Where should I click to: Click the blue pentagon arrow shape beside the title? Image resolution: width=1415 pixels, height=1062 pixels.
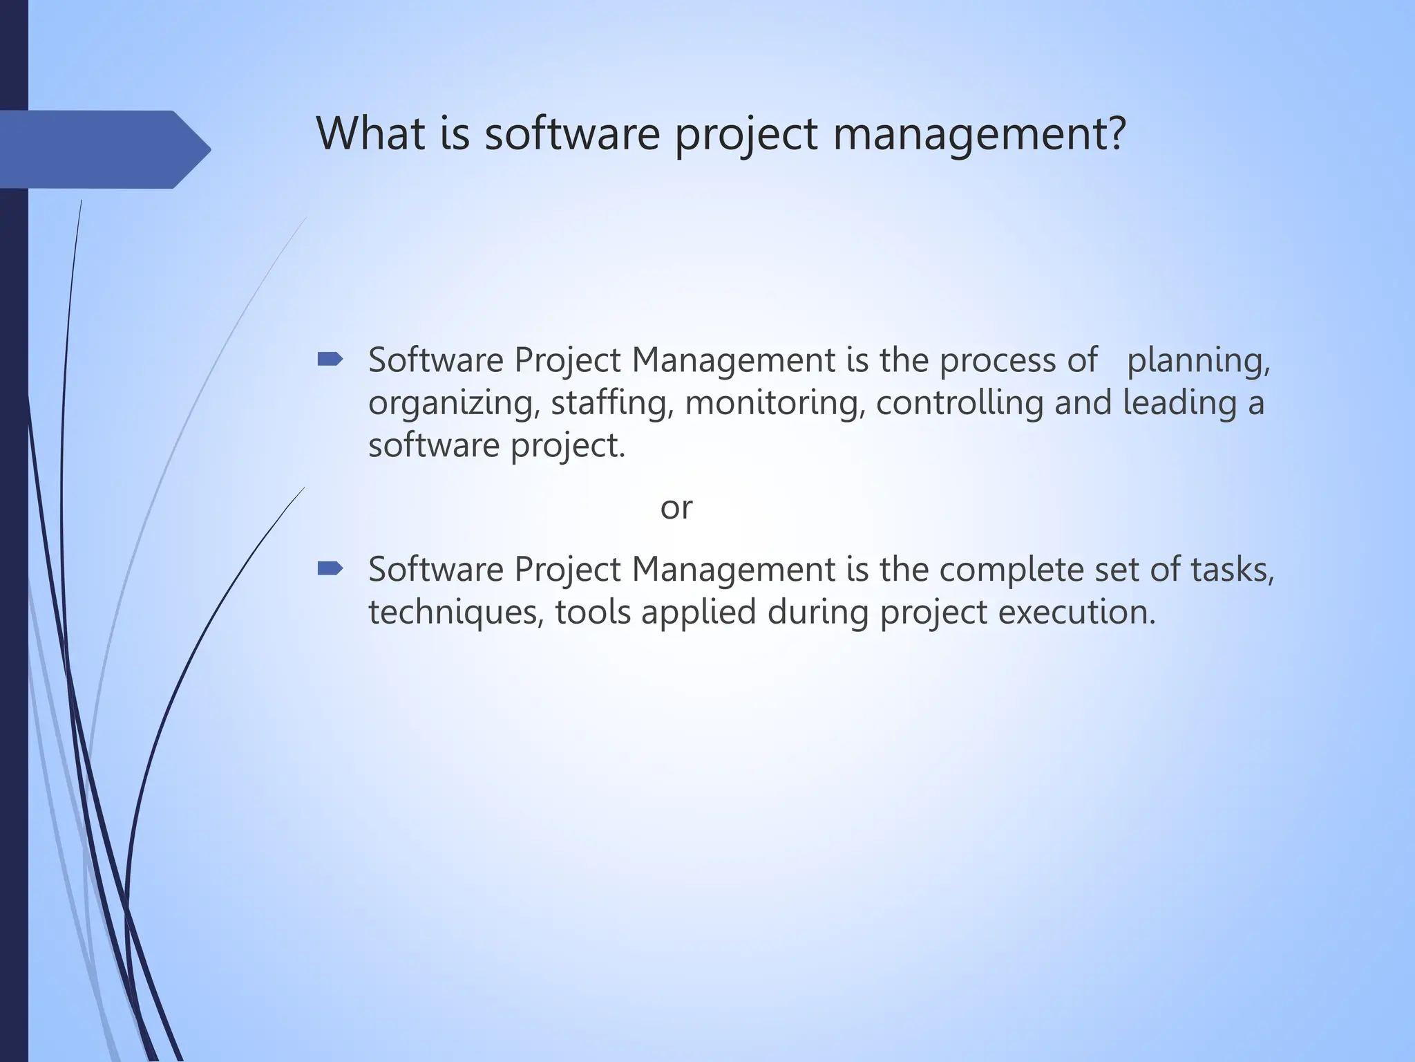point(104,149)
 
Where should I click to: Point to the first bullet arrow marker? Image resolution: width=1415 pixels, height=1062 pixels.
point(330,359)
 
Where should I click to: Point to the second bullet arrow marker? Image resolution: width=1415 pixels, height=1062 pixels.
point(330,568)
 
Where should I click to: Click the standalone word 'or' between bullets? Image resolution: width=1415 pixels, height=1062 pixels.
point(676,507)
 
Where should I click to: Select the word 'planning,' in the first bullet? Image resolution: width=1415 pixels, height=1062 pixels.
point(1198,361)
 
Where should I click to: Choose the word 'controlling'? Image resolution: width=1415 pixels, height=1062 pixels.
point(959,402)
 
